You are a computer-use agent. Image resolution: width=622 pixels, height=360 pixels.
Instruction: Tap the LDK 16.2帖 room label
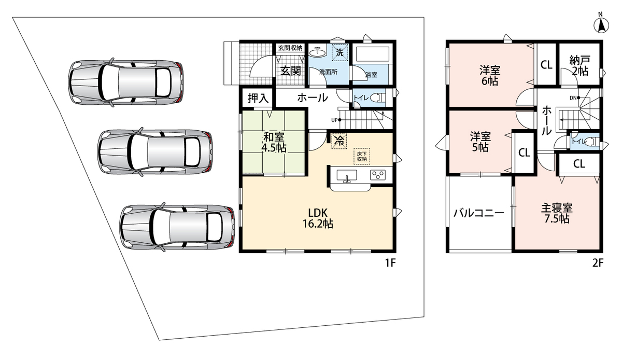(318, 218)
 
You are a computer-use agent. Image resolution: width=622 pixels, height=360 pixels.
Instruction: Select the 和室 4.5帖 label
(274, 142)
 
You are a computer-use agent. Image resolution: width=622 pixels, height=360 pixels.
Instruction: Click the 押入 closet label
(258, 98)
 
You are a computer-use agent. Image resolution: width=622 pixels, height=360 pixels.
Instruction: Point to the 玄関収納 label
(290, 48)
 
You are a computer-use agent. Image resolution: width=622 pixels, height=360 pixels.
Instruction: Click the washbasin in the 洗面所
(318, 51)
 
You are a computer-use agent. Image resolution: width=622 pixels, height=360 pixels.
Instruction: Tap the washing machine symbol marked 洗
(340, 52)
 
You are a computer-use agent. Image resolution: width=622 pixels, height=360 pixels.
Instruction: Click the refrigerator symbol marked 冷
(339, 141)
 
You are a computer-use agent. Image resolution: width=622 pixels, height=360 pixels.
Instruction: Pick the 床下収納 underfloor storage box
(362, 157)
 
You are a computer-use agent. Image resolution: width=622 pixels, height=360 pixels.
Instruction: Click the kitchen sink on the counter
(347, 176)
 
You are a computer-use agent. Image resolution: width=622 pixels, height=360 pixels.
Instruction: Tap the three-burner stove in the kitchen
(378, 175)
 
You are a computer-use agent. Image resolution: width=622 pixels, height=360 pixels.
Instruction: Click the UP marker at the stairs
(336, 120)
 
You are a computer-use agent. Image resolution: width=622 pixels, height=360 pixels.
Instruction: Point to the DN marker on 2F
(575, 98)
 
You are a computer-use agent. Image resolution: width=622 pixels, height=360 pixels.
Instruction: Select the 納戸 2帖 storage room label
(580, 66)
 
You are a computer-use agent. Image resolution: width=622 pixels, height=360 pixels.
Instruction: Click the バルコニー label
(479, 213)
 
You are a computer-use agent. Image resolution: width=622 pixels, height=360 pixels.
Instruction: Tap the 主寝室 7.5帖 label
(557, 214)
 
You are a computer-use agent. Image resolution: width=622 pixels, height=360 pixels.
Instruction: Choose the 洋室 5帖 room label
(480, 142)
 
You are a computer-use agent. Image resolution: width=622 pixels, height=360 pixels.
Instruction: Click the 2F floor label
(598, 262)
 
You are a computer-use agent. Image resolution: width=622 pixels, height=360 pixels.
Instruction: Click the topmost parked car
(126, 82)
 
